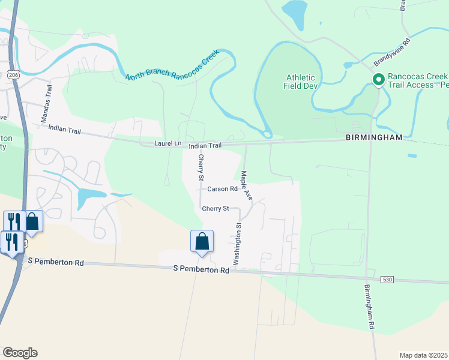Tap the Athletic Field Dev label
(300, 82)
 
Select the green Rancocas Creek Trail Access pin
(379, 79)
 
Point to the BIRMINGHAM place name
(373, 137)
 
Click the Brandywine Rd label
(391, 53)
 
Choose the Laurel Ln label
(167, 144)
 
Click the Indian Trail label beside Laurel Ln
(205, 146)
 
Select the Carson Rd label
(223, 188)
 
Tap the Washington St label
(237, 244)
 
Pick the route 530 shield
(388, 280)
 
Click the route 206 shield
(13, 74)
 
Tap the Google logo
(20, 353)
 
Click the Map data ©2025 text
(424, 355)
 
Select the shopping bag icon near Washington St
(202, 241)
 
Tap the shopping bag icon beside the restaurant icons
(32, 221)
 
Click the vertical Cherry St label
(201, 167)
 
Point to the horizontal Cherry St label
(215, 208)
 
